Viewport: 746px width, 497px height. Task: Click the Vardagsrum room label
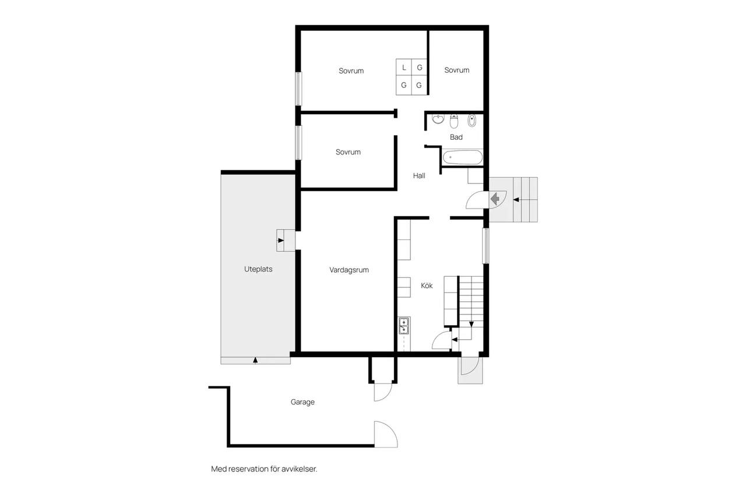pos(349,270)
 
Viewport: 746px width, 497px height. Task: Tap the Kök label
pos(427,285)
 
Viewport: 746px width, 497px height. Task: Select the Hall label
pos(419,176)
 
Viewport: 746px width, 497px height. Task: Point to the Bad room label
pos(456,137)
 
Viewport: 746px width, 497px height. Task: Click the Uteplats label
pos(258,269)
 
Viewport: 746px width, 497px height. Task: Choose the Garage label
pos(302,402)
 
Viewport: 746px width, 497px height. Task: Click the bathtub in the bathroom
pos(463,157)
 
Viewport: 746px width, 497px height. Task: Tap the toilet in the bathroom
pos(453,121)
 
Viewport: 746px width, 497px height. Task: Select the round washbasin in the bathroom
pos(438,119)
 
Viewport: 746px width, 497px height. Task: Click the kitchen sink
pos(404,326)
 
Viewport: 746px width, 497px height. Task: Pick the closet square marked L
pos(404,68)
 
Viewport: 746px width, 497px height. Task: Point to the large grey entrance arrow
pos(495,199)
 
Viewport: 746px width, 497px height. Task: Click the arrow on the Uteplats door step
pos(281,241)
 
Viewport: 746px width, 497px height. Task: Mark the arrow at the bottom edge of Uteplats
pos(255,360)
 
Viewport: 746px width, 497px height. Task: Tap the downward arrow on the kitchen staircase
pos(471,324)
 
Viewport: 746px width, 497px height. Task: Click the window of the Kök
pos(486,246)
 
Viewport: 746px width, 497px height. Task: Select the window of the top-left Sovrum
pos(299,89)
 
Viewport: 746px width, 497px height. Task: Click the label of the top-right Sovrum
pos(456,71)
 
